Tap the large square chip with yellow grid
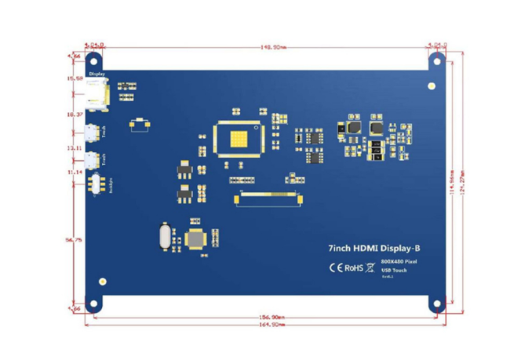(239, 141)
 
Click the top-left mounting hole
(94, 60)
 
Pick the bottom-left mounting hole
(94, 304)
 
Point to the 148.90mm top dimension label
(273, 46)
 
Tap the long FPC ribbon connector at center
(268, 199)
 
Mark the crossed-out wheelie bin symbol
(370, 267)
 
